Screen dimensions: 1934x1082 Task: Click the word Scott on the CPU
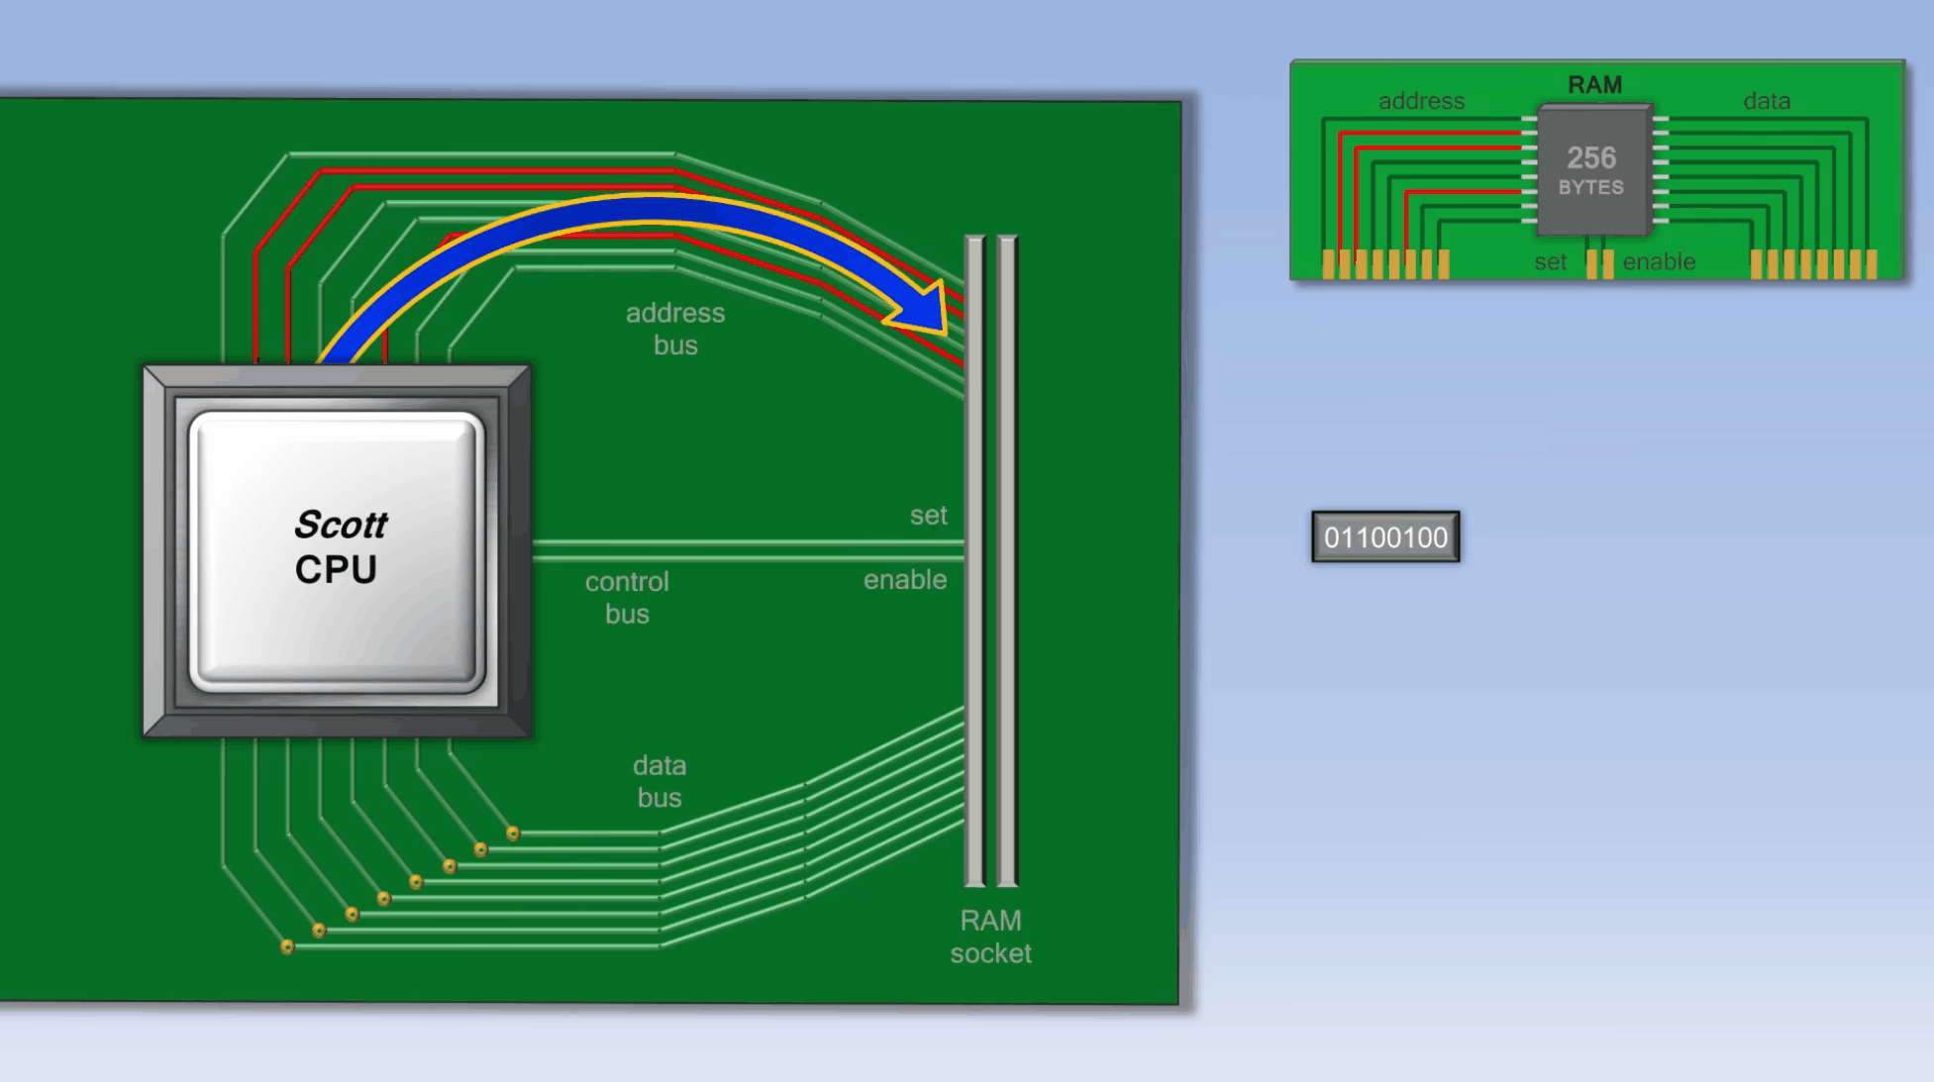pyautogui.click(x=341, y=525)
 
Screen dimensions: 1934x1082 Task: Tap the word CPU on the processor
pyautogui.click(x=336, y=570)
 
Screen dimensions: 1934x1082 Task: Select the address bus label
pyautogui.click(x=675, y=329)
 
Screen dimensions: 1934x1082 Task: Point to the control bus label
pyautogui.click(x=627, y=597)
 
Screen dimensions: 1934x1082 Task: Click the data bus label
pyautogui.click(x=660, y=781)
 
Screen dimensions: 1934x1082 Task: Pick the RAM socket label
pyautogui.click(x=990, y=936)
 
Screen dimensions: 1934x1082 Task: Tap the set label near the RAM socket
pyautogui.click(x=928, y=515)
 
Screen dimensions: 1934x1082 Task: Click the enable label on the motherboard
pyautogui.click(x=905, y=579)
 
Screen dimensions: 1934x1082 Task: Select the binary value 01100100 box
pyautogui.click(x=1385, y=537)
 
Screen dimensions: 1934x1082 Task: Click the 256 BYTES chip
pyautogui.click(x=1592, y=170)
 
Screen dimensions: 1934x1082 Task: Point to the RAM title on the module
pyautogui.click(x=1594, y=85)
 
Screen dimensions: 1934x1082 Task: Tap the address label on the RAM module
pyautogui.click(x=1421, y=101)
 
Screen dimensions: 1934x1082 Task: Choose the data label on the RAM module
pyautogui.click(x=1767, y=101)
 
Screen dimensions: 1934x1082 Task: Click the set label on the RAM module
pyautogui.click(x=1550, y=262)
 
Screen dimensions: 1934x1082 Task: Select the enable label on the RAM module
pyautogui.click(x=1659, y=261)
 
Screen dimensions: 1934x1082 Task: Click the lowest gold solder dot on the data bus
pyautogui.click(x=287, y=947)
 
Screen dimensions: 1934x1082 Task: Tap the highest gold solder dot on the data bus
pyautogui.click(x=513, y=834)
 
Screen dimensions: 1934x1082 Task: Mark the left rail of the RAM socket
pyautogui.click(x=975, y=560)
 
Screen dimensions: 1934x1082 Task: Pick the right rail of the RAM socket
pyautogui.click(x=1008, y=560)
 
